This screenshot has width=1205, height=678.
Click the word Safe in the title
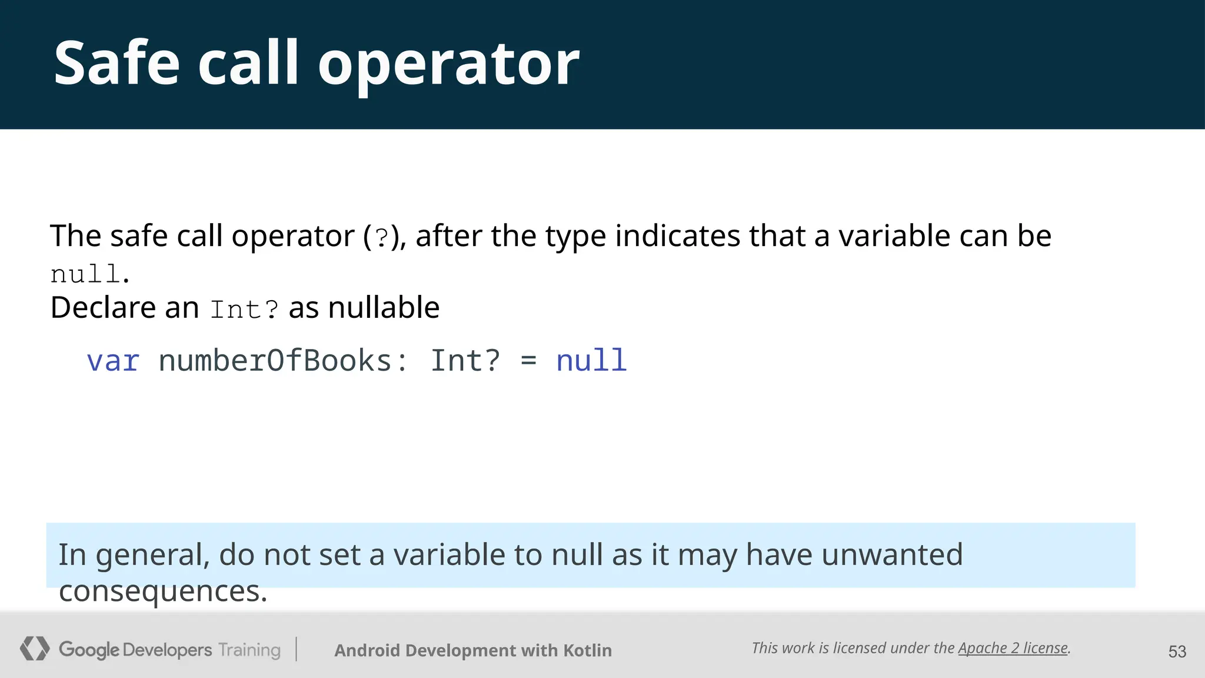116,64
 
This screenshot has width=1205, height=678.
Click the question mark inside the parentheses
381,237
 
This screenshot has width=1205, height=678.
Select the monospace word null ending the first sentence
85,274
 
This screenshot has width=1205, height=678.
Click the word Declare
103,307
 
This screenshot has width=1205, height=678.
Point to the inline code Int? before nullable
244,310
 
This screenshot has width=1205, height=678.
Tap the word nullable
384,307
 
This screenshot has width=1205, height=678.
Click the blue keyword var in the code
113,361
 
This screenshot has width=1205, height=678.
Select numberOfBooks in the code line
275,361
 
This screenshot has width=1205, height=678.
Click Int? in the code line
465,361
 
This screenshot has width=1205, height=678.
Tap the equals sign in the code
528,361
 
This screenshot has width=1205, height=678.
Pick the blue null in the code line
591,361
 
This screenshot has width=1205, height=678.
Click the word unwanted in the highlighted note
891,554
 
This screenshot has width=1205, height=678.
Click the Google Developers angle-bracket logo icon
35,649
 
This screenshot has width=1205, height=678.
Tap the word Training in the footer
249,650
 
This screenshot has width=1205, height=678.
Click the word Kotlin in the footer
587,650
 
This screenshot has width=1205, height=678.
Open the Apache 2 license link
1013,648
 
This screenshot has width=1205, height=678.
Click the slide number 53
1177,652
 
